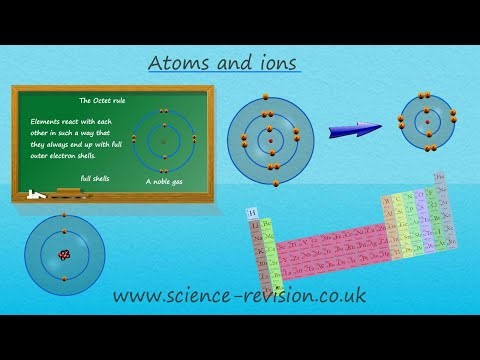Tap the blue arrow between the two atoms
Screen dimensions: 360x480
point(354,127)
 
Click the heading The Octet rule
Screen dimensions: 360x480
point(99,101)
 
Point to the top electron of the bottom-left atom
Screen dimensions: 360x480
point(64,216)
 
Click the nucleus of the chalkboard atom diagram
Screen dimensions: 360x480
point(163,141)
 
